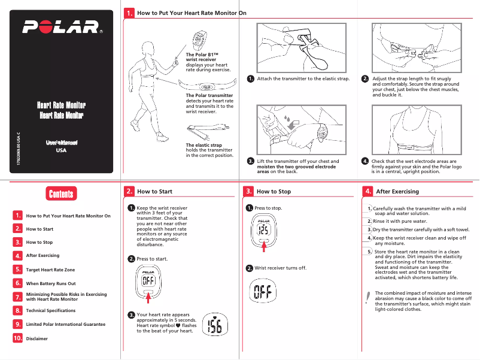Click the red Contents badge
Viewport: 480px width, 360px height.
click(x=61, y=193)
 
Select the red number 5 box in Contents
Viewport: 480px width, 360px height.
click(x=18, y=270)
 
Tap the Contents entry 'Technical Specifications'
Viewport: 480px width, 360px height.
click(x=54, y=311)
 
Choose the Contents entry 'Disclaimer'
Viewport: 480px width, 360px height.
click(x=37, y=338)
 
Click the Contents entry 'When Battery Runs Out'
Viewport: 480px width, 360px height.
click(x=51, y=283)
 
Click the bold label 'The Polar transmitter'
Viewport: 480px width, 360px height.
click(x=209, y=95)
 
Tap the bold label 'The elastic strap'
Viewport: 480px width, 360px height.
click(x=203, y=145)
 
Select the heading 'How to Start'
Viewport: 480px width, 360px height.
click(x=154, y=192)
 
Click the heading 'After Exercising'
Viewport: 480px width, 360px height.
click(x=397, y=192)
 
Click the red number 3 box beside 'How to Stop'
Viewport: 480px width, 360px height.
click(x=249, y=192)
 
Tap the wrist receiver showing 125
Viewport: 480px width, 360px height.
click(x=262, y=231)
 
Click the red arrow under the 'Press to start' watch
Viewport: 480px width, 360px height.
click(x=149, y=298)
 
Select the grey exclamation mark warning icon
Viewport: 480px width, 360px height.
click(x=367, y=298)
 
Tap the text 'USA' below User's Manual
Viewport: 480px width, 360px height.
click(x=61, y=151)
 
